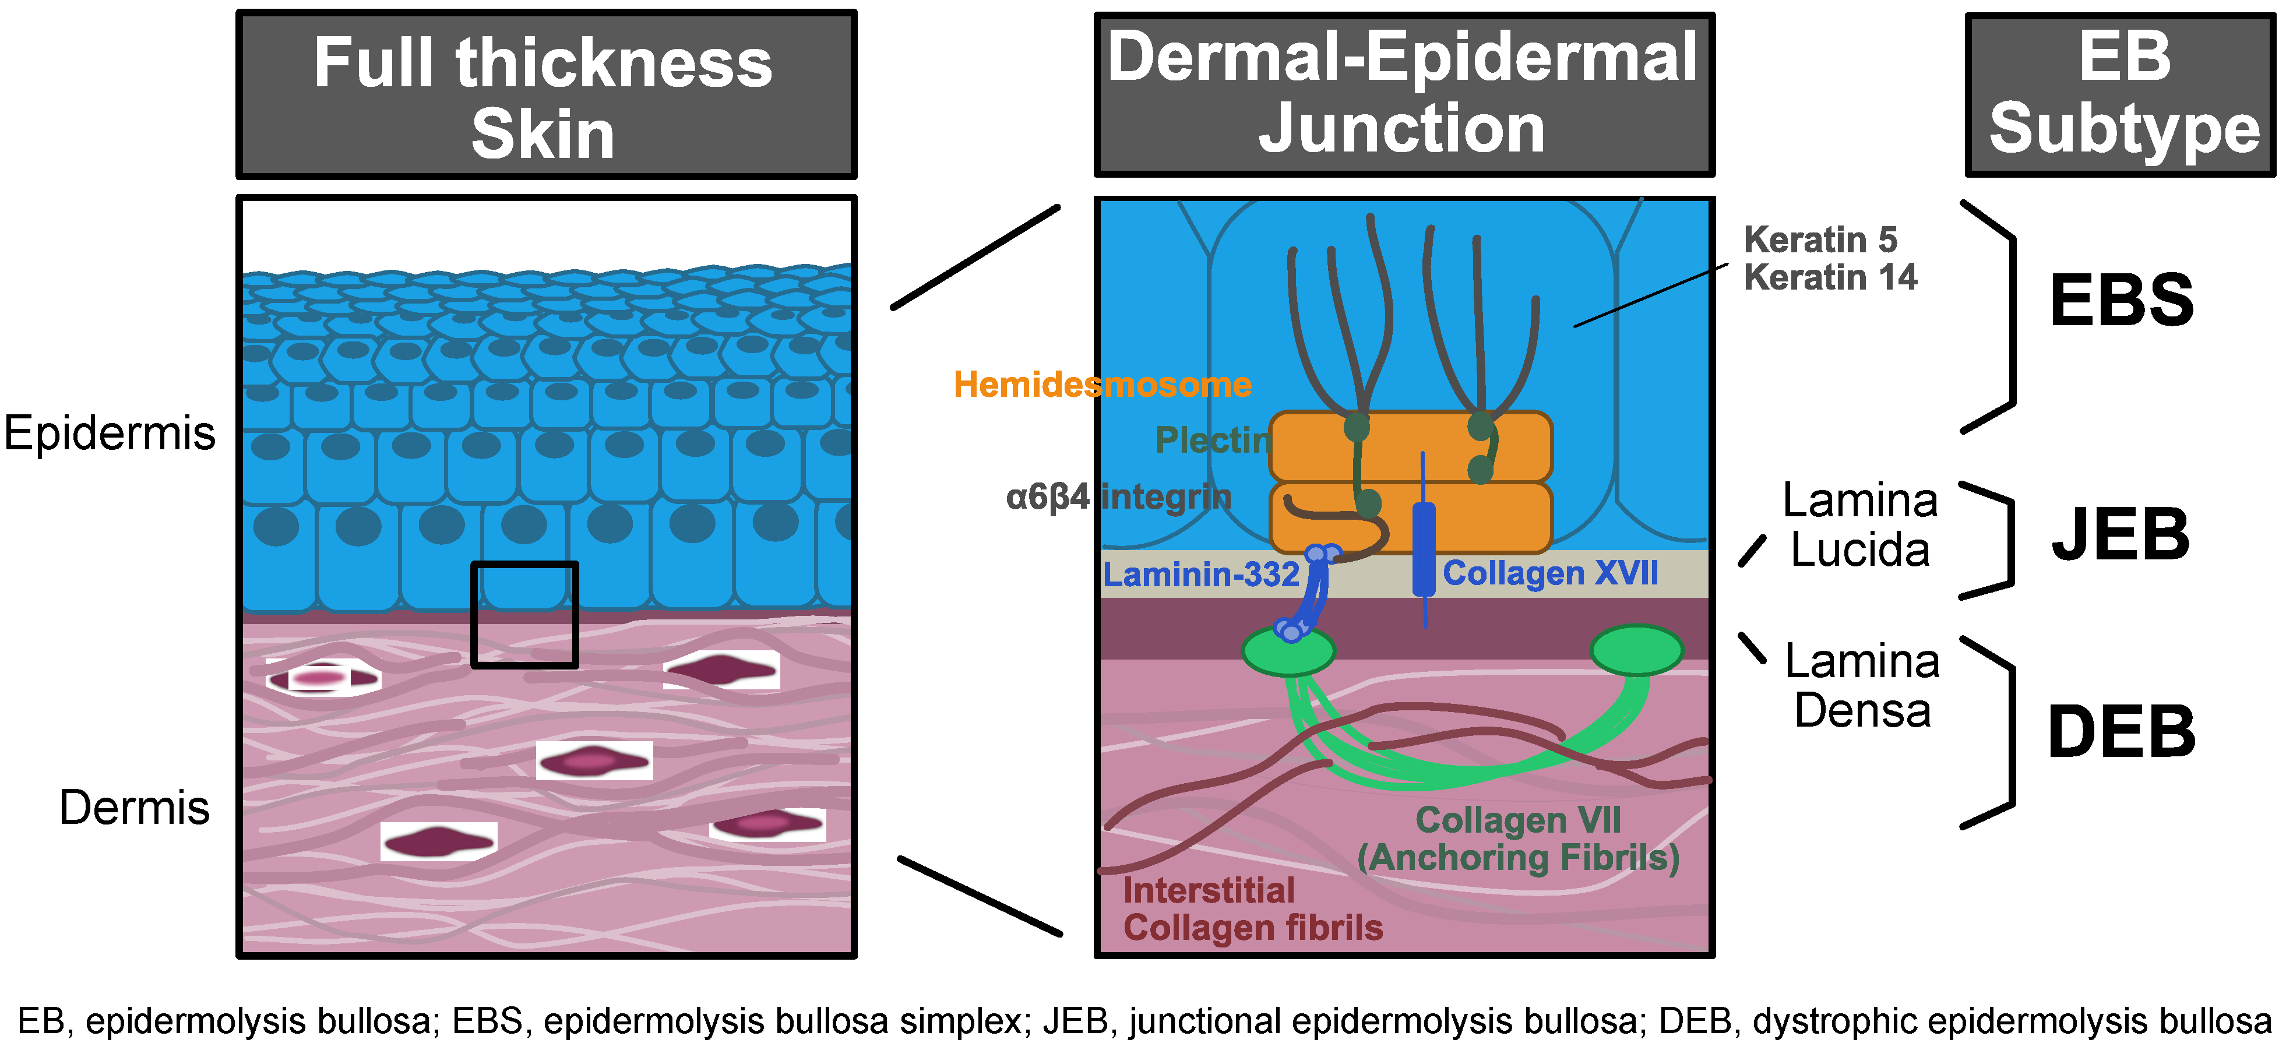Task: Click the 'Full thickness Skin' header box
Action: click(545, 95)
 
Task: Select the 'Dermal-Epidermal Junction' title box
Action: click(1404, 94)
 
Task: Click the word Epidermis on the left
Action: click(110, 434)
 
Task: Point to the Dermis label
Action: click(135, 808)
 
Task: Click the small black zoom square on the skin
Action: click(524, 615)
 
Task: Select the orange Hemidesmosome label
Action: click(1102, 385)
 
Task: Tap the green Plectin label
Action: click(1213, 439)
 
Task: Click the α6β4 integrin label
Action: click(1118, 496)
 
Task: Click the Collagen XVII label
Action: click(1549, 573)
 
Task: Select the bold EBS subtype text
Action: click(2121, 301)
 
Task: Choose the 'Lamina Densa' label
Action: click(1862, 685)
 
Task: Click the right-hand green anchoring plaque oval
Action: click(1636, 650)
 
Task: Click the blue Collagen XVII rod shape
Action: click(1424, 549)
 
